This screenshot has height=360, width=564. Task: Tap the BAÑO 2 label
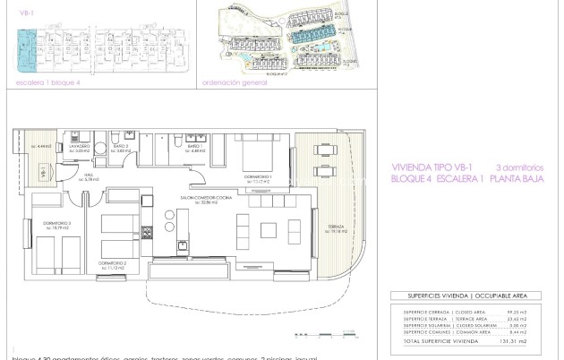[122, 146]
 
